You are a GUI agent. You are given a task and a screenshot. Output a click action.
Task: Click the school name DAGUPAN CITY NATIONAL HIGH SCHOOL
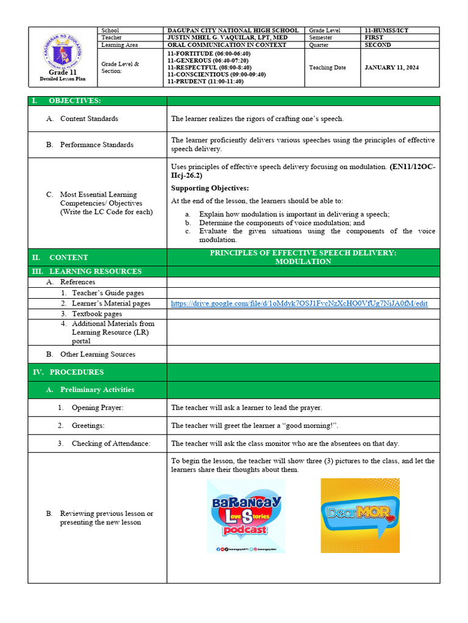tap(233, 30)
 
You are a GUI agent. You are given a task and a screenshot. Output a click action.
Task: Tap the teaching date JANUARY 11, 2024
tap(391, 68)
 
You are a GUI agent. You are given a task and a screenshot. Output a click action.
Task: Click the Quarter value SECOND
tap(378, 45)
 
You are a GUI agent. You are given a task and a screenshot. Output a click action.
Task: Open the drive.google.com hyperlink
tap(299, 303)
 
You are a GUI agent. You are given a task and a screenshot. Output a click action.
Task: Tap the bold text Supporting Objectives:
tap(210, 188)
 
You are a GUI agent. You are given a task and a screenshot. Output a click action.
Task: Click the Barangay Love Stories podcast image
tap(246, 515)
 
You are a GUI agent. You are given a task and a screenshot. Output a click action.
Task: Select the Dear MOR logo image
tap(360, 515)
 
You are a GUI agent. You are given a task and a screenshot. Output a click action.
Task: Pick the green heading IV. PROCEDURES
tap(76, 372)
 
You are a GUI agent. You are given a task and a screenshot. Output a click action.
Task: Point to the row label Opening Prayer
tap(97, 408)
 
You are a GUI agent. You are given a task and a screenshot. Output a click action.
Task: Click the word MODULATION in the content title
tap(303, 262)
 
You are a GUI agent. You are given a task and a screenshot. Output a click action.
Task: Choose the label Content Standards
tap(89, 119)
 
